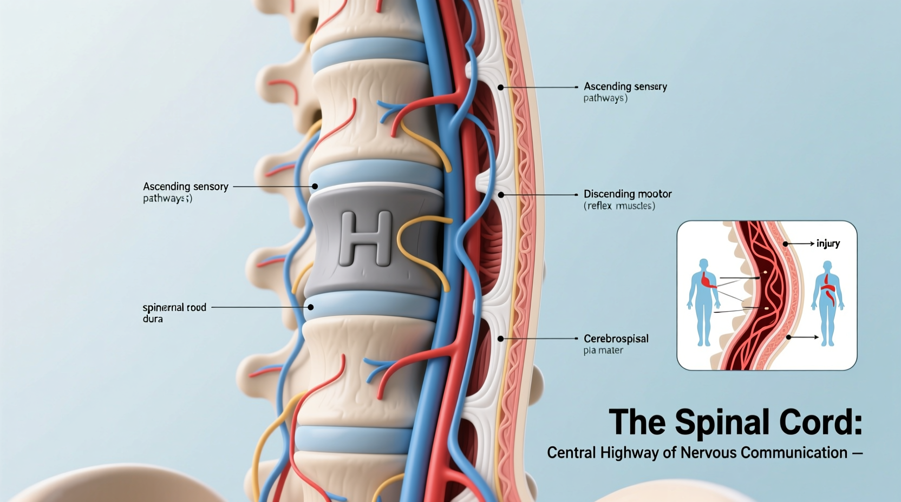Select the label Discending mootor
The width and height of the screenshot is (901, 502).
(x=627, y=194)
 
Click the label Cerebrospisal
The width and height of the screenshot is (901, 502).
(x=616, y=339)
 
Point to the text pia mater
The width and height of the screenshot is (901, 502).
(x=603, y=351)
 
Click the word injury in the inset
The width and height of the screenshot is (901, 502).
(x=828, y=243)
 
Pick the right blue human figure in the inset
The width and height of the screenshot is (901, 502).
(x=827, y=303)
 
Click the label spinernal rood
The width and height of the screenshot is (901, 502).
(x=174, y=307)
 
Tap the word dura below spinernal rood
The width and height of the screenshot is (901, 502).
(x=153, y=319)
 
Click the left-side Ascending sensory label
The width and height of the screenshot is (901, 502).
(x=185, y=186)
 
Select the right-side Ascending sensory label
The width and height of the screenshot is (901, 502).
(x=625, y=86)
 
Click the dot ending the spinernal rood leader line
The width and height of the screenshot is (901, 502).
(x=311, y=307)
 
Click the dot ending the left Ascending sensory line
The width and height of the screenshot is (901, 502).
(x=315, y=186)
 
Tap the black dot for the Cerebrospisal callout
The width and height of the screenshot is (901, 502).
(x=501, y=339)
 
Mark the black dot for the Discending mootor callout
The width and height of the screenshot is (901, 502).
(x=501, y=194)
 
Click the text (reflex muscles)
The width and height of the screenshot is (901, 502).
(x=619, y=206)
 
